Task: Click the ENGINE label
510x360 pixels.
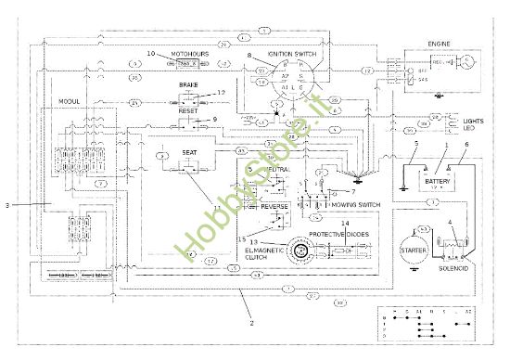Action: pyautogui.click(x=439, y=43)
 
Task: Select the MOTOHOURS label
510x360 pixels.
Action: pyautogui.click(x=190, y=55)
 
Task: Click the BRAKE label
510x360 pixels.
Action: pyautogui.click(x=188, y=84)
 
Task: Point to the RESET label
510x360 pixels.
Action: pyautogui.click(x=188, y=110)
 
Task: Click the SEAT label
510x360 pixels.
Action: pyautogui.click(x=188, y=153)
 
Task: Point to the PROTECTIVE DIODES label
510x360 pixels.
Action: pyautogui.click(x=340, y=235)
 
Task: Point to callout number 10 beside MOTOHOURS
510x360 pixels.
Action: pyautogui.click(x=151, y=54)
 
